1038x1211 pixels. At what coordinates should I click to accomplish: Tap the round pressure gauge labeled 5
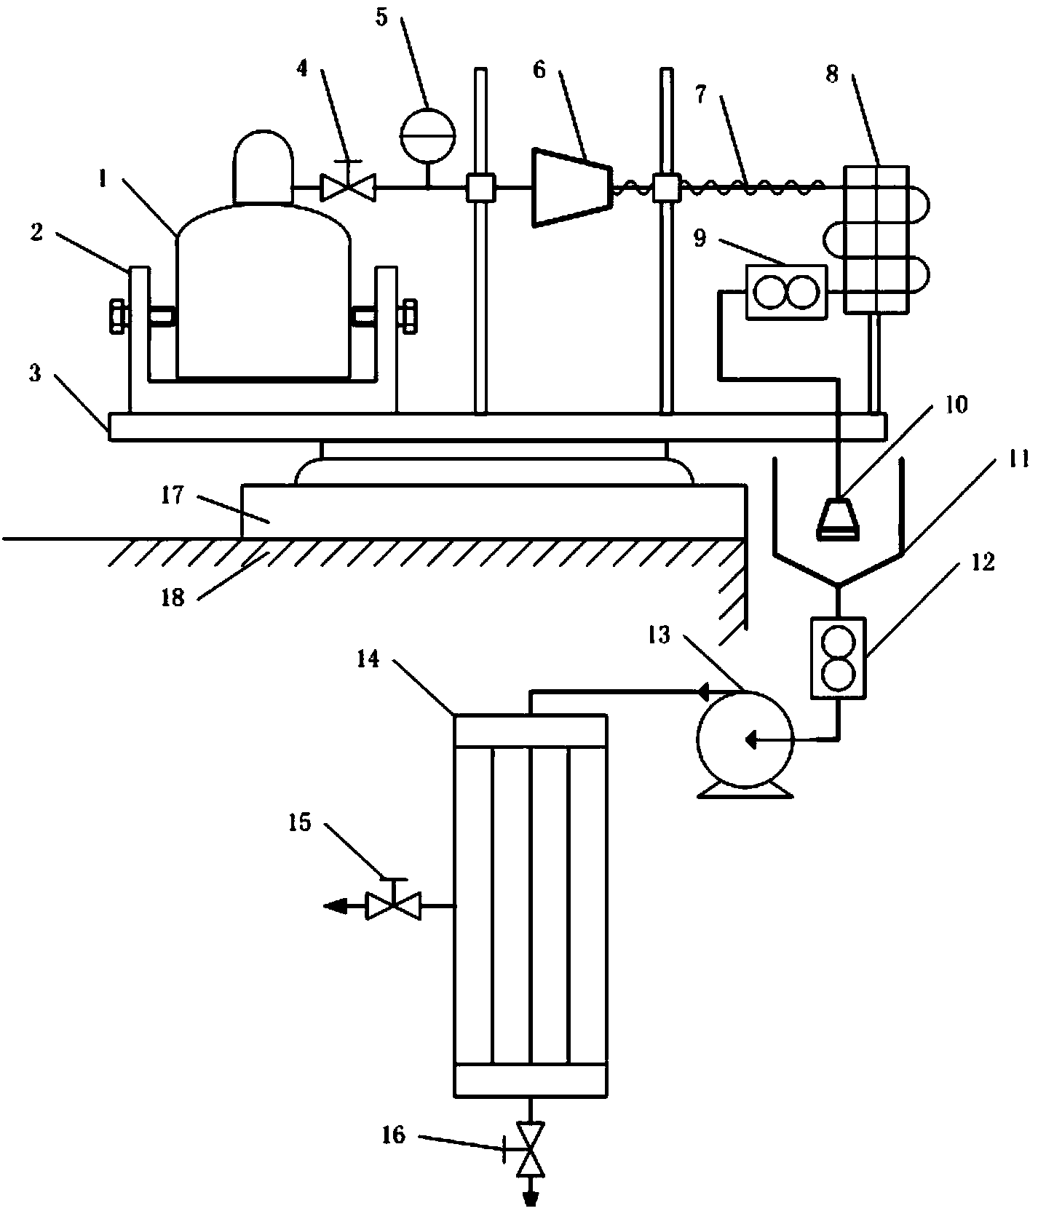point(427,134)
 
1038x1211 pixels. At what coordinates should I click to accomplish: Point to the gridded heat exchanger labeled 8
point(876,239)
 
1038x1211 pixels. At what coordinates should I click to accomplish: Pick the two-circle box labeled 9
point(786,291)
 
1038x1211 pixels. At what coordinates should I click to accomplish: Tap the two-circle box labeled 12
point(838,658)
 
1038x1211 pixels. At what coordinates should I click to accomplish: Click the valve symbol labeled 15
point(394,905)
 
